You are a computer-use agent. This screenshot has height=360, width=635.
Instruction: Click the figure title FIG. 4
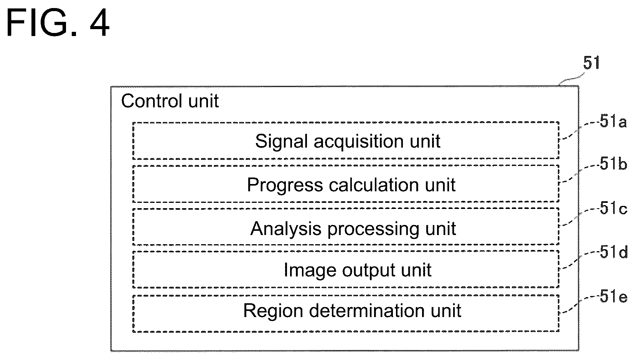tap(58, 23)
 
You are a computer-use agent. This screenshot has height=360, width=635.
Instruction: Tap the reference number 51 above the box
tap(591, 63)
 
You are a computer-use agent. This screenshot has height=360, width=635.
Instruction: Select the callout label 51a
tap(613, 122)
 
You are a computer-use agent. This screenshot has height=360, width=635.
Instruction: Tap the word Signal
tap(281, 141)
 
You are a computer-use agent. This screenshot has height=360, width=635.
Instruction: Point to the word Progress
tap(285, 186)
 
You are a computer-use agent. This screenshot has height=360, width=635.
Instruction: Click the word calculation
tap(374, 185)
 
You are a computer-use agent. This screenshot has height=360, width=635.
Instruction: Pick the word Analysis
tap(286, 229)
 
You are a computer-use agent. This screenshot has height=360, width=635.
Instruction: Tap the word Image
tap(310, 271)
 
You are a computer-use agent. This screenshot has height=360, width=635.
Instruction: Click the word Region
tap(273, 311)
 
